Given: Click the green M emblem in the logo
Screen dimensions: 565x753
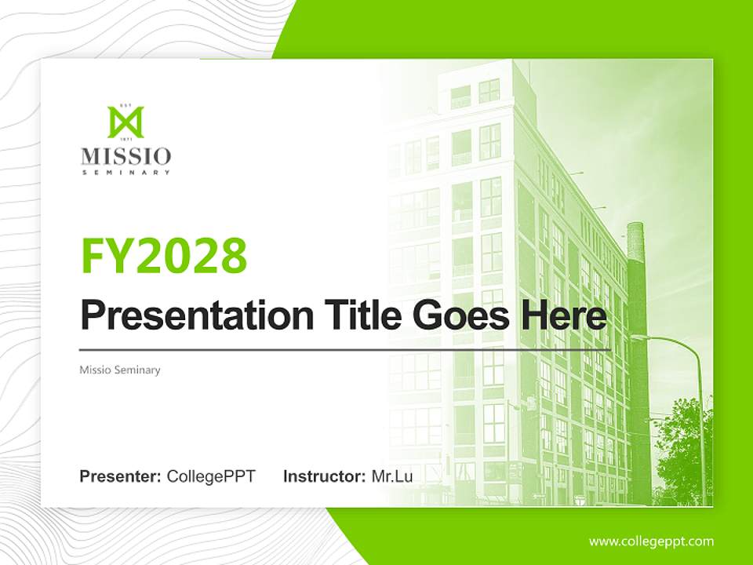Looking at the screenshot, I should [125, 122].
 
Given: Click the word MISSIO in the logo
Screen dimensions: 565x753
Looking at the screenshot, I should [125, 155].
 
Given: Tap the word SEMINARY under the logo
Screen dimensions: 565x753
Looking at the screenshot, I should [125, 172].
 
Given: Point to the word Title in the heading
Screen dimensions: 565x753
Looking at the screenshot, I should [350, 315].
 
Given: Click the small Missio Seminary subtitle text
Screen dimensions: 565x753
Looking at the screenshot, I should [120, 370].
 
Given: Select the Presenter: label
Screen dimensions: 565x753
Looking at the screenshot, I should [121, 476].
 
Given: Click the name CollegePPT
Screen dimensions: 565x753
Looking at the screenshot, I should [211, 476].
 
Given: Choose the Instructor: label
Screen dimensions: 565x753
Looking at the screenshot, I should [324, 476].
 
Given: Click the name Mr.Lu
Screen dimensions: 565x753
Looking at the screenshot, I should [392, 476].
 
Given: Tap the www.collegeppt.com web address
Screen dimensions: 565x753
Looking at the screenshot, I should [651, 541].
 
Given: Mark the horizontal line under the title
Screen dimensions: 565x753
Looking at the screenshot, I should [345, 349].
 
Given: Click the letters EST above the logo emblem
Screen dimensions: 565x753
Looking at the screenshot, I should [125, 104].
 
